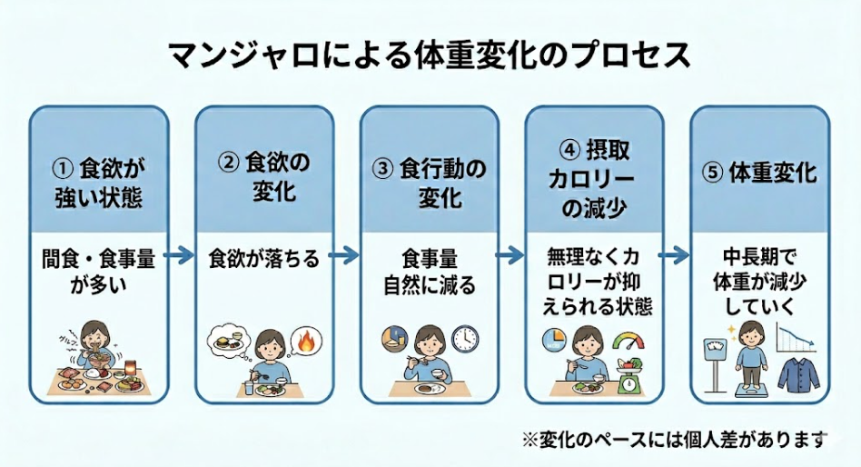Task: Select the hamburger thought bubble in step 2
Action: click(228, 343)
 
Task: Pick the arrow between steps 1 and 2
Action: click(182, 257)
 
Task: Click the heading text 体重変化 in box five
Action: click(773, 173)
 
